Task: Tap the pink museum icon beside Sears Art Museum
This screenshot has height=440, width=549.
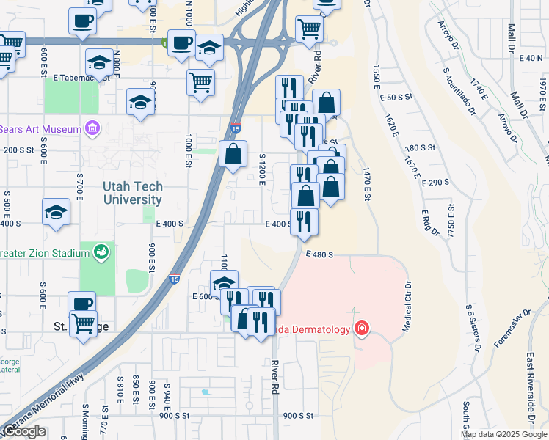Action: point(92,129)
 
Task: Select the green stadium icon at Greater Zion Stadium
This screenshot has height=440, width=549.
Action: point(102,253)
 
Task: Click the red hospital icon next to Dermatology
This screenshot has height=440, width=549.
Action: point(360,329)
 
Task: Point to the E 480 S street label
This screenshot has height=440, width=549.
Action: point(320,254)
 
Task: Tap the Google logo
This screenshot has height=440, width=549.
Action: point(24,431)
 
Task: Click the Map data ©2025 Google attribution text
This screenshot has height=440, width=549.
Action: point(503,434)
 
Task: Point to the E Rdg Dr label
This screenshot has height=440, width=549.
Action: point(429,223)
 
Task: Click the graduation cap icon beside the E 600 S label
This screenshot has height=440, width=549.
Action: point(224,283)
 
